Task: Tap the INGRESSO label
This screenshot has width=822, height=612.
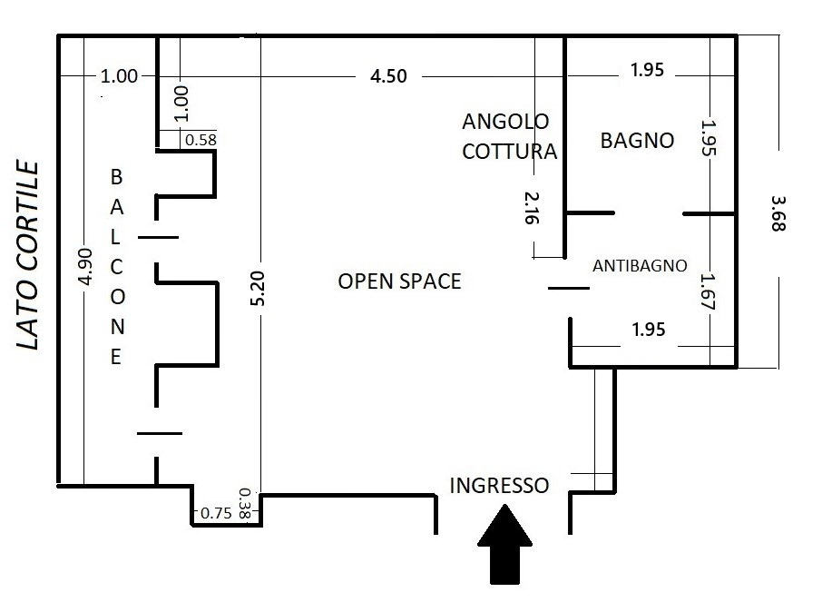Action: [499, 486]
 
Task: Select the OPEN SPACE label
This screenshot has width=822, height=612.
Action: [399, 281]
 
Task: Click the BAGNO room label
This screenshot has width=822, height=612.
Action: [637, 141]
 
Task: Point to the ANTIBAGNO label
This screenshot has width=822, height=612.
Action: [640, 265]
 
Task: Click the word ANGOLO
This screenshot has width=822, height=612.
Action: [505, 122]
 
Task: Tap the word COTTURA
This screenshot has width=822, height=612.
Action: [510, 151]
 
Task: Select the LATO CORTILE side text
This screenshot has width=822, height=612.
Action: [28, 255]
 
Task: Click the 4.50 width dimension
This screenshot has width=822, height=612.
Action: [388, 76]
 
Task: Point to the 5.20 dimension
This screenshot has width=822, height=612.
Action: [259, 288]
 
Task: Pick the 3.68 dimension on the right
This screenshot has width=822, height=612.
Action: [778, 213]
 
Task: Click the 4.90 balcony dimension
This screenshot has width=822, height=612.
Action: [85, 267]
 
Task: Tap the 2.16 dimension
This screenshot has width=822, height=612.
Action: [532, 208]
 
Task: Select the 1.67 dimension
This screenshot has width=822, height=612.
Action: [709, 291]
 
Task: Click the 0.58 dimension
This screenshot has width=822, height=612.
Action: [201, 140]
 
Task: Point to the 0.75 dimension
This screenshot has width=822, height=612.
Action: [216, 513]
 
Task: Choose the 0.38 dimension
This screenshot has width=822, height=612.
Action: [244, 503]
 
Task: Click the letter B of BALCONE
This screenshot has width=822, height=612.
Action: [116, 177]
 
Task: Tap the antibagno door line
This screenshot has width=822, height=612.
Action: [569, 288]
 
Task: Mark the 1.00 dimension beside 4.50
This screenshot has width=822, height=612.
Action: [119, 76]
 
